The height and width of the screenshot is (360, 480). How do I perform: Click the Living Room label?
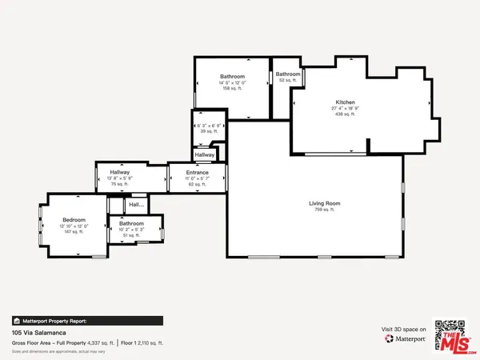325,203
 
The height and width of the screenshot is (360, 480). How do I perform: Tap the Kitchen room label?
345,103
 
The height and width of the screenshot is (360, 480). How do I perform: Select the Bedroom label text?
74,218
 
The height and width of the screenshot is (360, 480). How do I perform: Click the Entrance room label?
198,173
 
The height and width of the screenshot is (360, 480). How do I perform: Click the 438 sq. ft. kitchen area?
345,114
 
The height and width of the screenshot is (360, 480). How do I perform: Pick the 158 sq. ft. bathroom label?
232,88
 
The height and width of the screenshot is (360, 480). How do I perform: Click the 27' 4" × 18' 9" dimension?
345,109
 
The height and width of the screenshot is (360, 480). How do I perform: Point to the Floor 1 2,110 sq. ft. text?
142,342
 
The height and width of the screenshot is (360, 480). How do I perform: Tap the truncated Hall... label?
135,205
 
